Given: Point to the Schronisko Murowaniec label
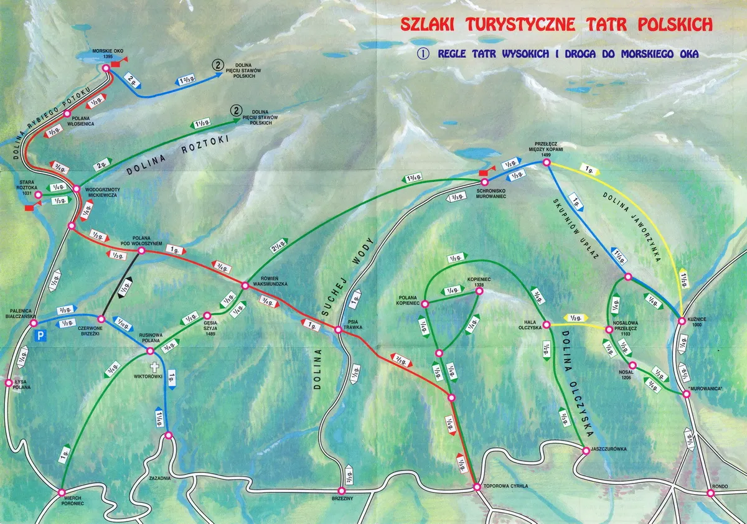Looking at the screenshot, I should click(x=489, y=193).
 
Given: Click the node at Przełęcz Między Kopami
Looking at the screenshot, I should click(x=546, y=162).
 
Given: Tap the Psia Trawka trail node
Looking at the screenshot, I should click(x=338, y=329).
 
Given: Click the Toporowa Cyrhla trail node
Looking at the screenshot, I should click(x=477, y=487).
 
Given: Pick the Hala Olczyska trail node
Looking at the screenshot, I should click(x=546, y=325).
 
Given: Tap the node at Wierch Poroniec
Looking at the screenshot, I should click(x=61, y=493).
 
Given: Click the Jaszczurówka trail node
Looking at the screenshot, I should click(x=585, y=450).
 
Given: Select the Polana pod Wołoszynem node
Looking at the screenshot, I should click(x=142, y=251).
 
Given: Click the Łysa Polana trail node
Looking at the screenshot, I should click(x=8, y=383).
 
